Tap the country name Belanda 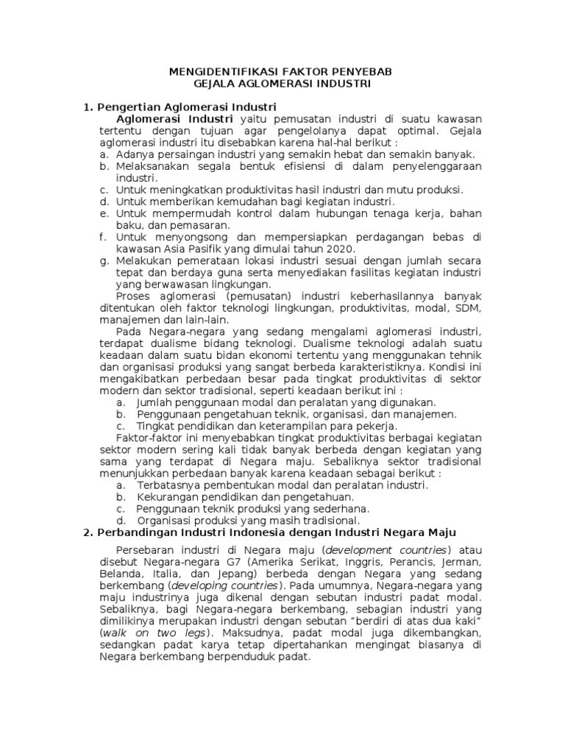pyautogui.click(x=120, y=574)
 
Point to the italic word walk pyautogui.click(x=116, y=633)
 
